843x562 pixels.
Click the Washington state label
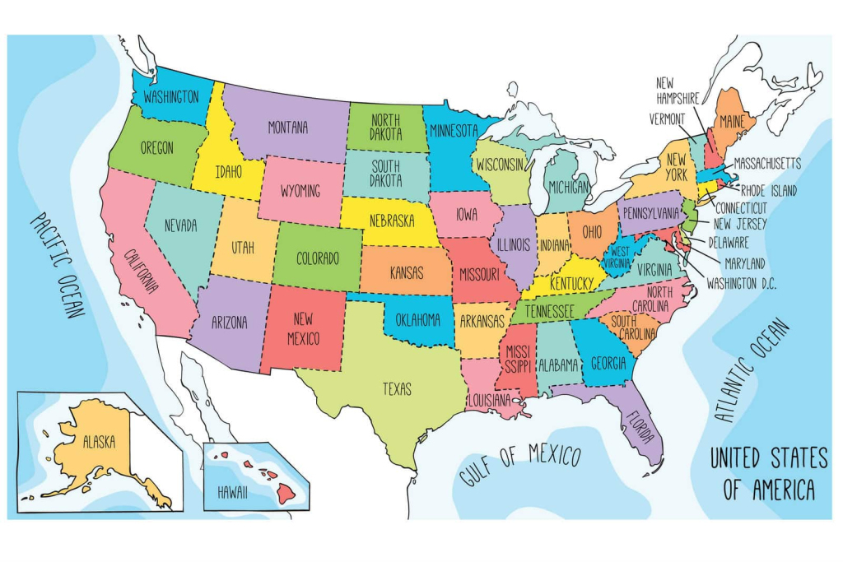click(171, 96)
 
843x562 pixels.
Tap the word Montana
click(287, 128)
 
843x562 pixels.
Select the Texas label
click(396, 389)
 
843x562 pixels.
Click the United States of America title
click(768, 474)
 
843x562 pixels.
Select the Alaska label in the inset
click(99, 441)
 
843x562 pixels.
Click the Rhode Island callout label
click(768, 191)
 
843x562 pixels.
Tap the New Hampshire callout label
click(678, 90)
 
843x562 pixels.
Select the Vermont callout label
click(666, 118)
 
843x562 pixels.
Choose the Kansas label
click(407, 272)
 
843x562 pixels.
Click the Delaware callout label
click(730, 243)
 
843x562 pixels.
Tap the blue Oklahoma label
click(418, 320)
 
